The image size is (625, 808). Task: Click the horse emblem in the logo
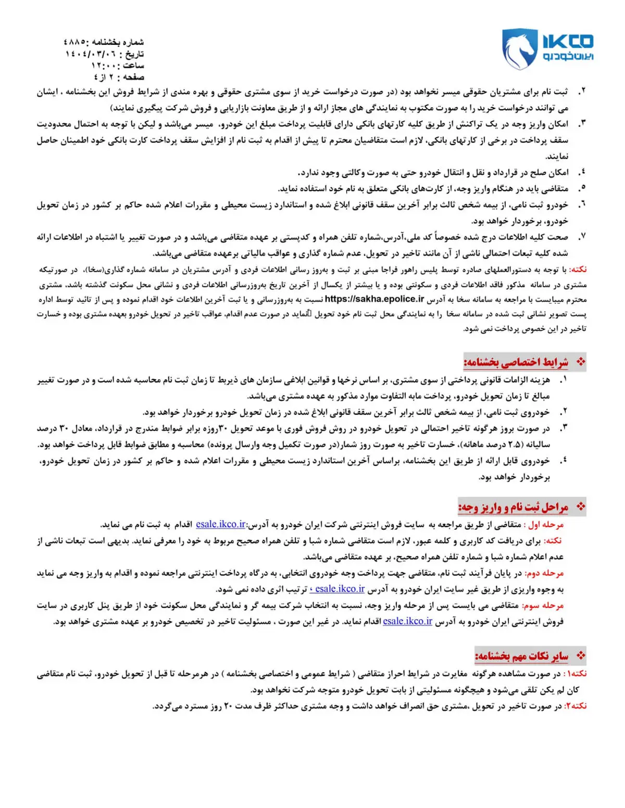point(519,49)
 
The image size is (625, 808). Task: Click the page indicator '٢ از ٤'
point(104,77)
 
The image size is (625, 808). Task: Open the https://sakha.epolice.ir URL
point(374,299)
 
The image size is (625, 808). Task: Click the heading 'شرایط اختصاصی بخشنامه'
point(516,362)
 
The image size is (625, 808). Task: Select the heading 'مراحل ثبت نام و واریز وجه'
point(513,507)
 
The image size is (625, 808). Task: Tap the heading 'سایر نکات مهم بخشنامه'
point(521,656)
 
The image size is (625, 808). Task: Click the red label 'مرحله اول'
point(546,524)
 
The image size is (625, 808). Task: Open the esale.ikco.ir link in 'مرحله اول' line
point(221,524)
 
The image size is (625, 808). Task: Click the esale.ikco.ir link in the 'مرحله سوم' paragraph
point(407,621)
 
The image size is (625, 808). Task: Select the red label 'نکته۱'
point(576,674)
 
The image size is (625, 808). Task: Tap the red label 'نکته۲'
point(576,706)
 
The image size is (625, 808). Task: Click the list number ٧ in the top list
point(582,237)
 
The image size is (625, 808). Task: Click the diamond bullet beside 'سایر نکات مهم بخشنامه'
point(581,656)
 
